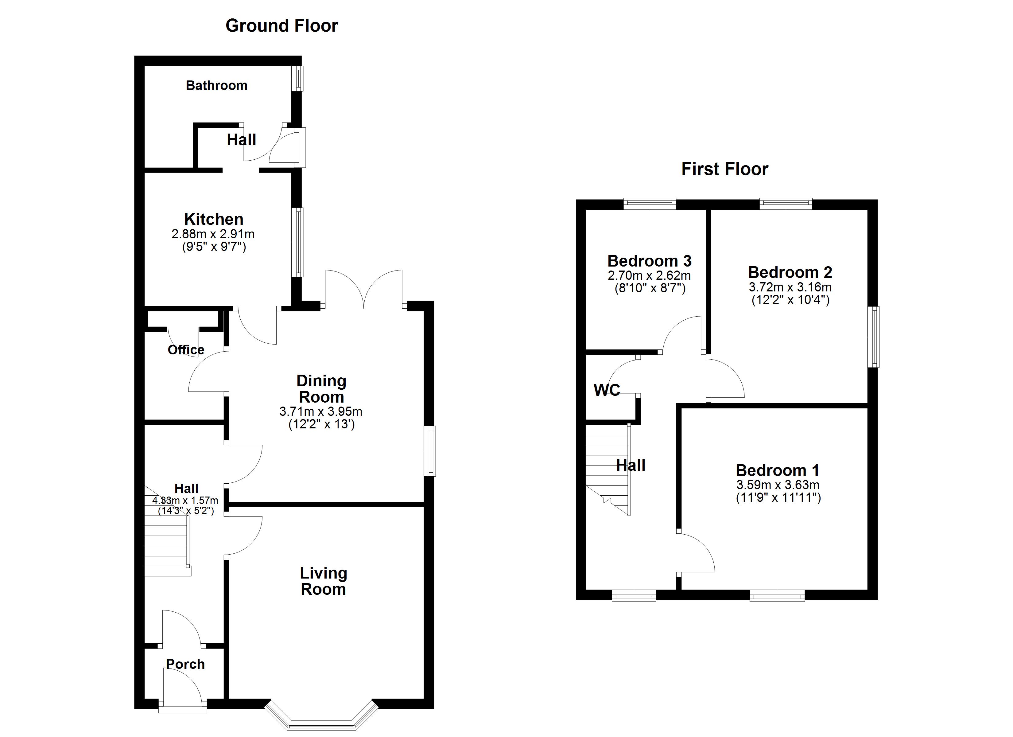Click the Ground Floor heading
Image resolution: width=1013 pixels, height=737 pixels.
pos(281,26)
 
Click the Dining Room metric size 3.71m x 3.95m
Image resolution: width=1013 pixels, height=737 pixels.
pos(321,411)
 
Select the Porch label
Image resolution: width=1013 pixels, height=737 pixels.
pos(185,664)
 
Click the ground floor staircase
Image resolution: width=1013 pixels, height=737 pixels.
pos(166,550)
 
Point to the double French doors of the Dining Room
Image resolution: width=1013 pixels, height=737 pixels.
pos(364,288)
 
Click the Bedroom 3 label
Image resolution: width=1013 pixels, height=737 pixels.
pos(650,261)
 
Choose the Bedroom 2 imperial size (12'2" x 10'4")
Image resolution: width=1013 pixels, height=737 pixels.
pos(790,299)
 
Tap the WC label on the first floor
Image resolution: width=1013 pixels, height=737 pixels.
pos(607,390)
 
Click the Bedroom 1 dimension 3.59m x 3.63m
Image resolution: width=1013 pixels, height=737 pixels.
pos(778,485)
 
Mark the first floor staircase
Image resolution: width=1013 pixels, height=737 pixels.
pos(607,469)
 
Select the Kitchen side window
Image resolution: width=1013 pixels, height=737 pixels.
pos(297,242)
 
